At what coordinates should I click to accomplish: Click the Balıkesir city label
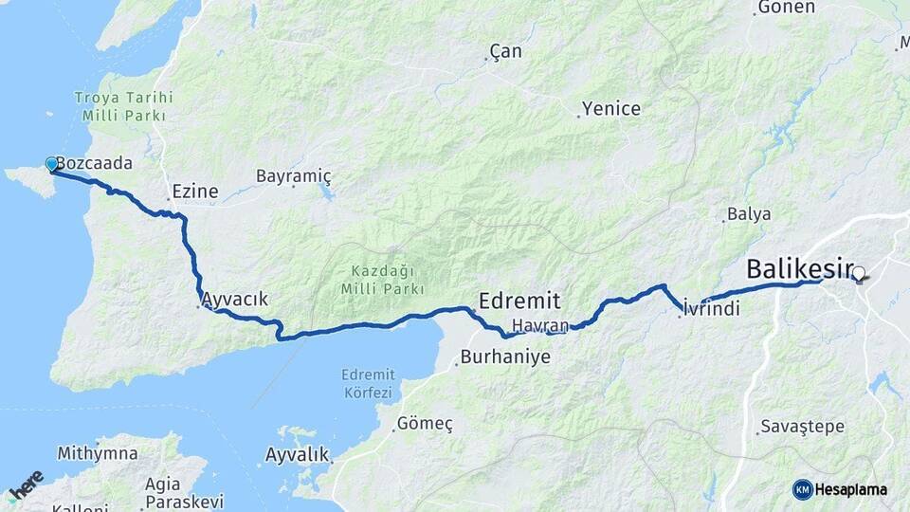click(800, 268)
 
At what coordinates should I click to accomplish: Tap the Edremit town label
click(519, 302)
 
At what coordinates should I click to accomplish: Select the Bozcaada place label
click(94, 163)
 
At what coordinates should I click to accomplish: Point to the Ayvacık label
click(235, 300)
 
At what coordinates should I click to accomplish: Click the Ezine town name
click(194, 192)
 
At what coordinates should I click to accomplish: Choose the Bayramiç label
click(294, 176)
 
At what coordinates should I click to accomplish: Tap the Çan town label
click(505, 51)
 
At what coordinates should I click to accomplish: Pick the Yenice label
click(611, 109)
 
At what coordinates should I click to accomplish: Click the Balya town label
click(749, 214)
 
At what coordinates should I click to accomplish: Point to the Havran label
click(539, 326)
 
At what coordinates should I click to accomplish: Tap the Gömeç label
click(425, 424)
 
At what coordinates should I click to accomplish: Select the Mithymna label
click(98, 453)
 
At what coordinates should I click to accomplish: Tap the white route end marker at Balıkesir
click(859, 275)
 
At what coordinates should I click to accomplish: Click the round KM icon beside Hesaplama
click(802, 489)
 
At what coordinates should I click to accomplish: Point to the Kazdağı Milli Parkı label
click(384, 279)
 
